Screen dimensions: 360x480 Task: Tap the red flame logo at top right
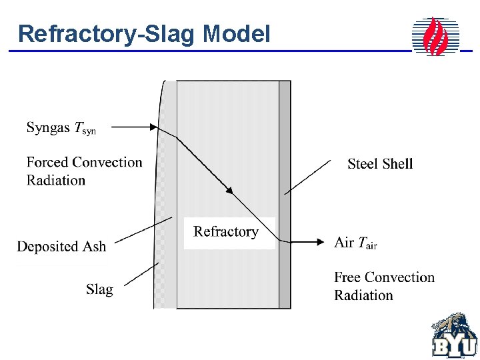pyautogui.click(x=436, y=36)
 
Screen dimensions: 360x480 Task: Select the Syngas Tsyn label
pyautogui.click(x=61, y=128)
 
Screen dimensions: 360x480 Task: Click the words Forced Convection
pyautogui.click(x=84, y=162)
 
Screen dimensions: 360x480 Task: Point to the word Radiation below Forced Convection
pyautogui.click(x=56, y=180)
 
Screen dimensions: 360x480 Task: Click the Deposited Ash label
pyautogui.click(x=61, y=246)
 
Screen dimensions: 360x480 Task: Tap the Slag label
pyautogui.click(x=99, y=289)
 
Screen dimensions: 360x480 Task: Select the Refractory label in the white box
pyautogui.click(x=225, y=232)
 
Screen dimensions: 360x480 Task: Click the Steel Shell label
pyautogui.click(x=380, y=163)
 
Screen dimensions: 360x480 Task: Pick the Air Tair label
pyautogui.click(x=355, y=243)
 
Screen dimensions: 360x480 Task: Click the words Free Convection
pyautogui.click(x=384, y=277)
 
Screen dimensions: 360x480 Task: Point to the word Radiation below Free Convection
pyautogui.click(x=363, y=295)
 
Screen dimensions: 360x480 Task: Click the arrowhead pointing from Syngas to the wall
pyautogui.click(x=154, y=127)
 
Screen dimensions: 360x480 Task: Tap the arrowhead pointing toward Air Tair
pyautogui.click(x=318, y=242)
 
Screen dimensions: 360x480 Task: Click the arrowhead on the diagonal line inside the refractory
pyautogui.click(x=229, y=191)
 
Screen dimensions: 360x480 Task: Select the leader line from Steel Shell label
pyautogui.click(x=307, y=177)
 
